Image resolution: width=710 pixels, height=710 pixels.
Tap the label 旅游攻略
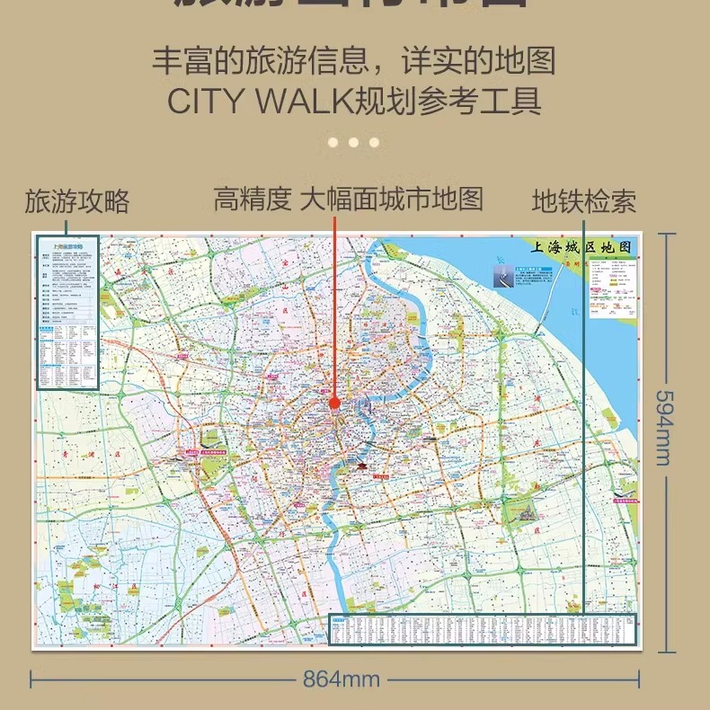(x=77, y=201)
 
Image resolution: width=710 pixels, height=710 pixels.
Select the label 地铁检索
(x=584, y=201)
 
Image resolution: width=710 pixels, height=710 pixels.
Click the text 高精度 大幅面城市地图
(x=348, y=199)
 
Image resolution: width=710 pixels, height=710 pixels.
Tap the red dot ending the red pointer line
(x=334, y=404)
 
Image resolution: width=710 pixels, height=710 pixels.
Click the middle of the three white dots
(x=353, y=142)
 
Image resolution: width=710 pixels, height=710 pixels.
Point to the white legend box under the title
(x=614, y=287)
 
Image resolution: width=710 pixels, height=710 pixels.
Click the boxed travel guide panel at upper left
(x=67, y=312)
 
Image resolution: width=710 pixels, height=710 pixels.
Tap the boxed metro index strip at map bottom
(x=484, y=629)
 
